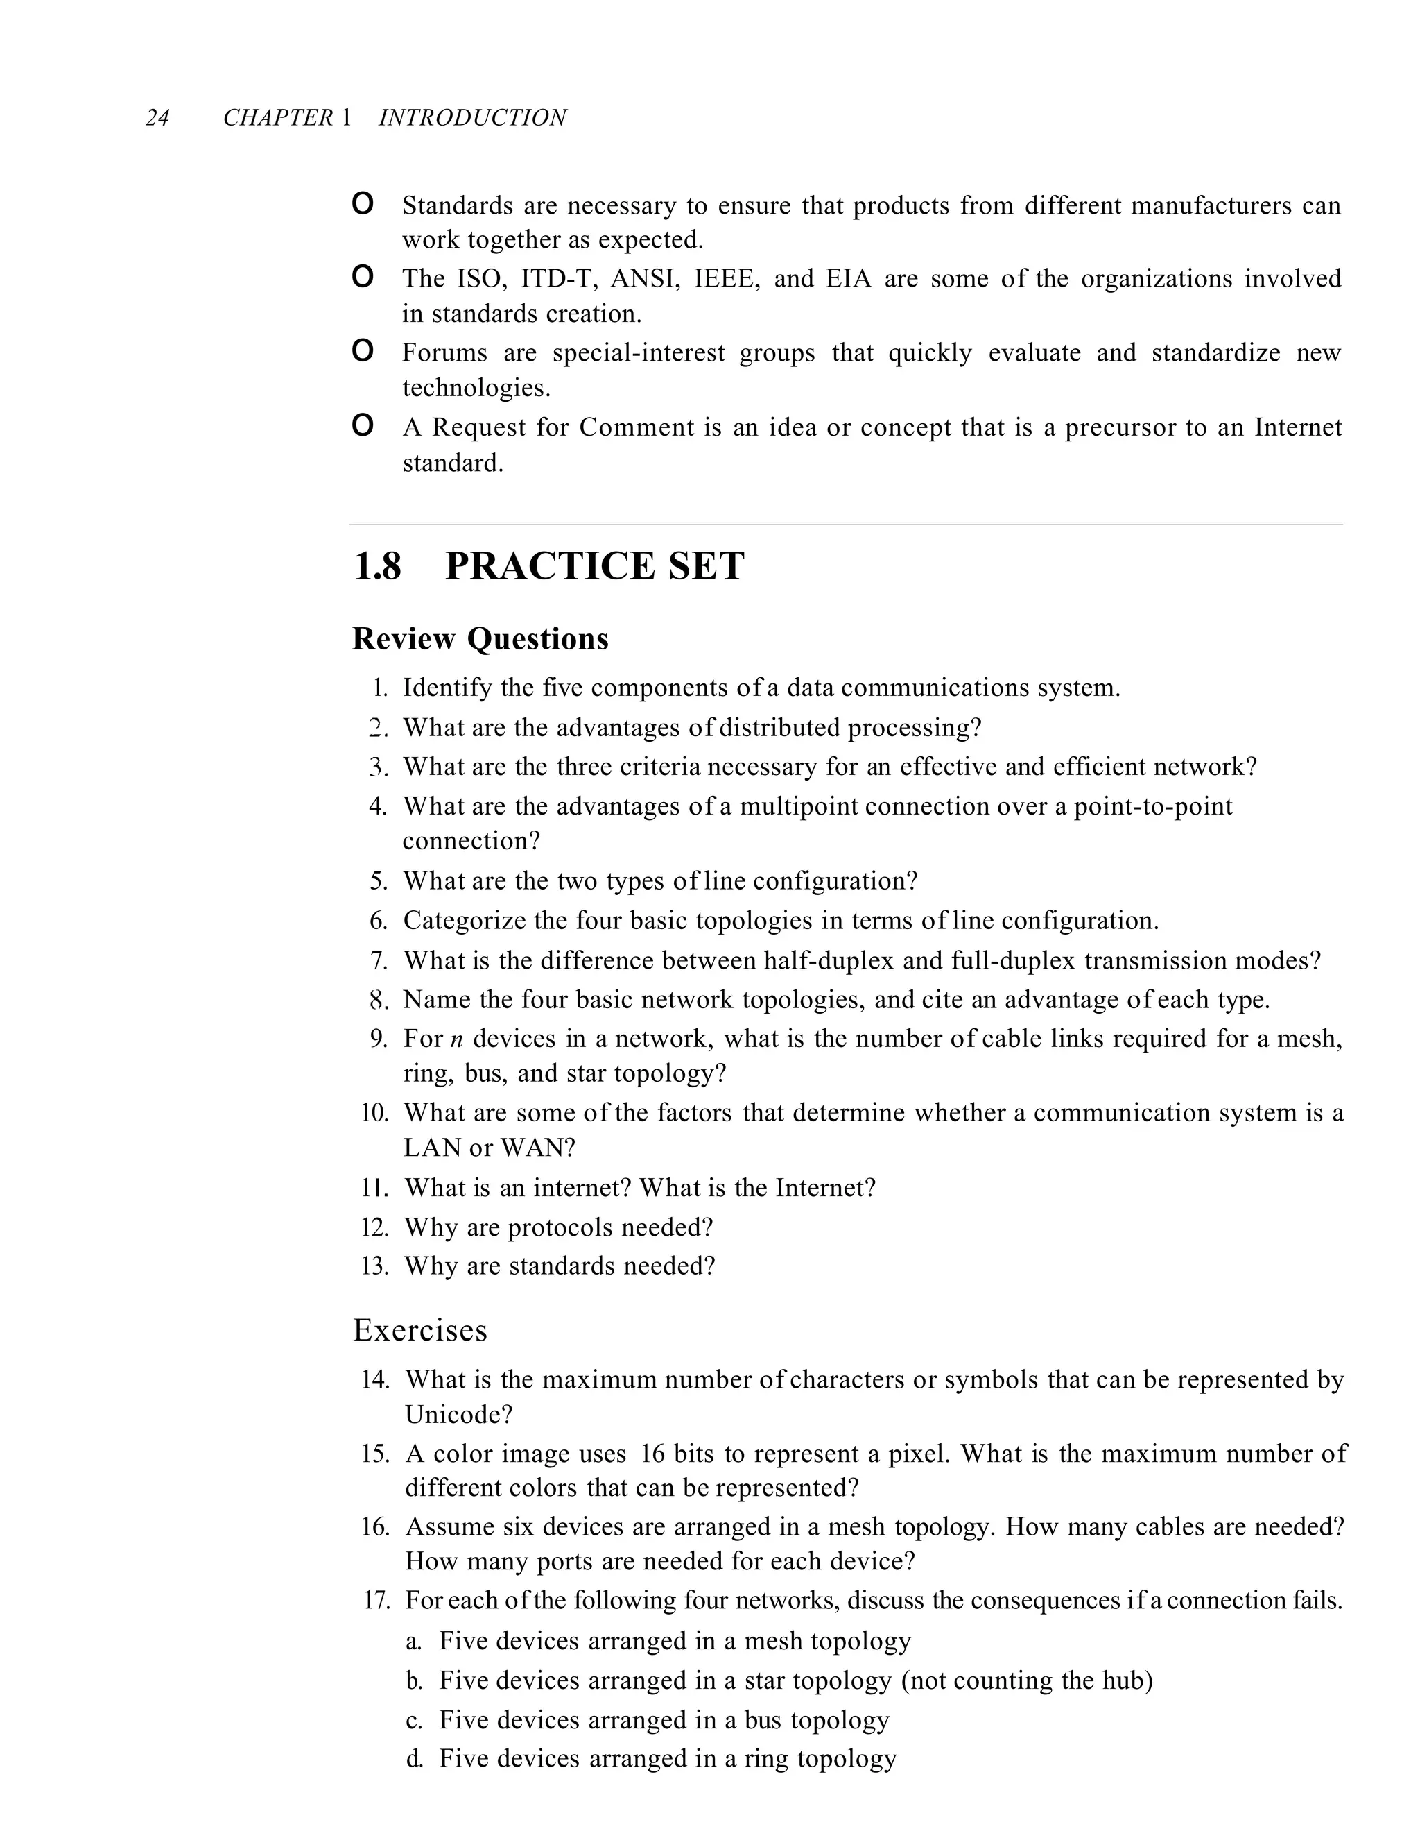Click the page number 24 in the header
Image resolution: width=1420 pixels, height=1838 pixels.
point(157,118)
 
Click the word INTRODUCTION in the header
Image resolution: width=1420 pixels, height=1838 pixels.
point(472,118)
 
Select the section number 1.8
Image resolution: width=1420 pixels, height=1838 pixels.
point(377,566)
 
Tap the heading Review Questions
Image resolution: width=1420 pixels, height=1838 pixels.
point(480,639)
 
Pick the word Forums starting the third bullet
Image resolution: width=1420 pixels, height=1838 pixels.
point(444,352)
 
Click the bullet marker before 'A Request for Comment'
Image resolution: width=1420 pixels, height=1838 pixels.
point(363,426)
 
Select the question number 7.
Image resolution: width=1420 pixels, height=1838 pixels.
point(379,960)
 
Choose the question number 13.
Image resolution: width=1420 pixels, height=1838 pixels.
point(374,1266)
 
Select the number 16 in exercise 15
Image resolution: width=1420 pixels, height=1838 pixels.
point(652,1454)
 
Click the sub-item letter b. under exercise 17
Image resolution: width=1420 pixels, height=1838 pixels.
point(413,1681)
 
